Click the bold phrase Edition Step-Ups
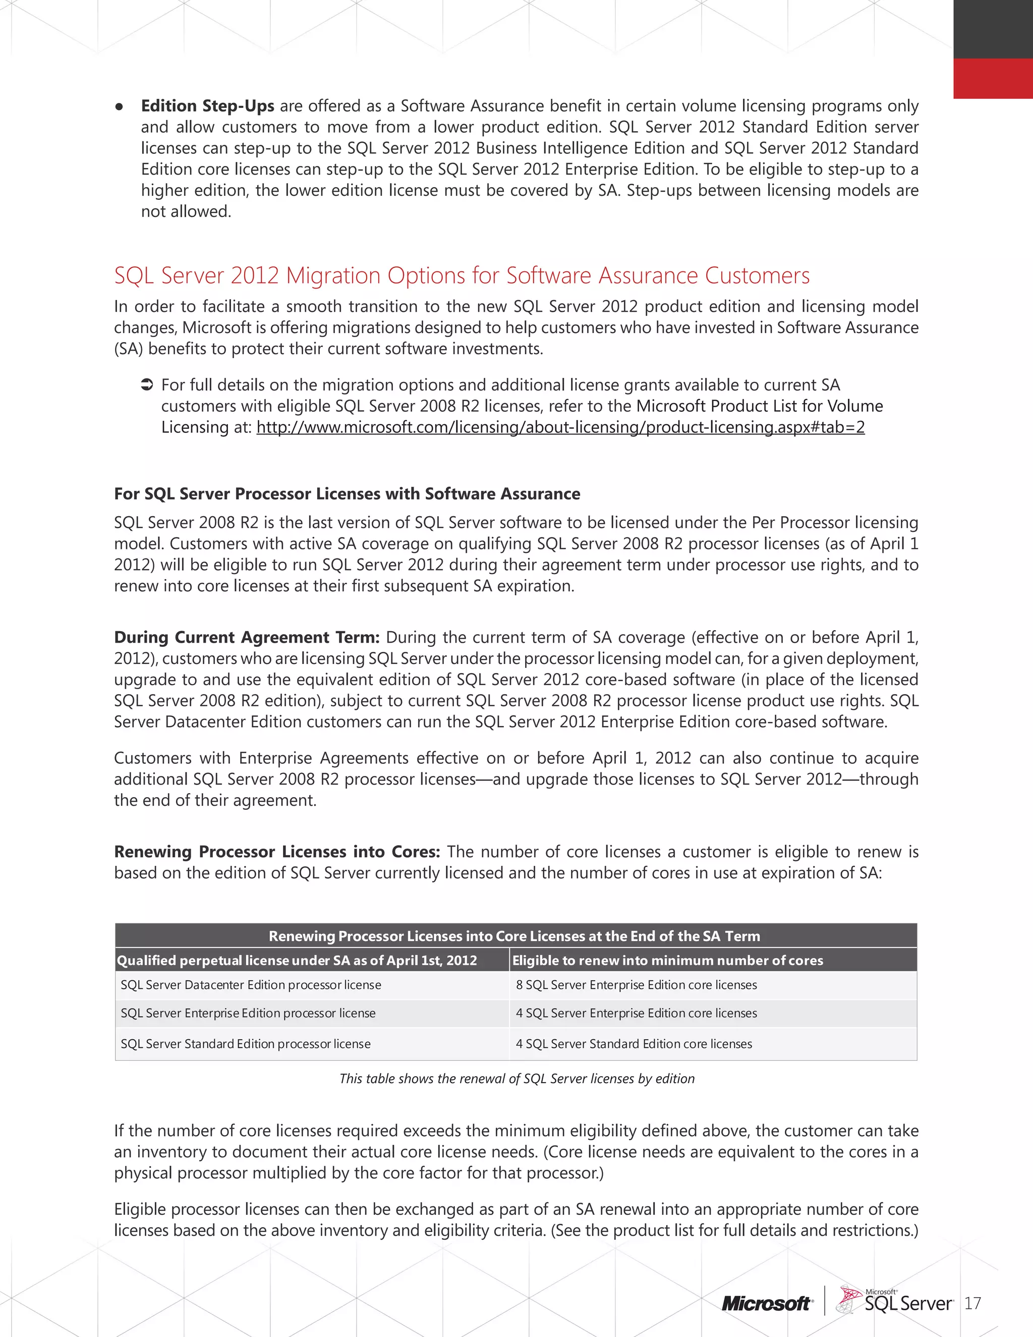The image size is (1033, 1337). [x=207, y=106]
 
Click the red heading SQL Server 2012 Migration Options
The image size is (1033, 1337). [x=462, y=275]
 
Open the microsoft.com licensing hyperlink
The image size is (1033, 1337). [x=560, y=427]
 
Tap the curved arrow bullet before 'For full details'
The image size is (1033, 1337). [x=146, y=385]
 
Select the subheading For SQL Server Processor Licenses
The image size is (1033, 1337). [x=347, y=494]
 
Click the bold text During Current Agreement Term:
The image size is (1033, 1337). [x=247, y=637]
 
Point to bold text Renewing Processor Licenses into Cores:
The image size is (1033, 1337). [x=276, y=852]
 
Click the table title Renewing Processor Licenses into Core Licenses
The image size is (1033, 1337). [x=514, y=936]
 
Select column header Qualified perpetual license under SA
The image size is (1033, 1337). [x=297, y=961]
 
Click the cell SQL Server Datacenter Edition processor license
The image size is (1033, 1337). [x=251, y=985]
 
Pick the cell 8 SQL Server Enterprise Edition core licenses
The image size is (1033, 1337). [x=637, y=985]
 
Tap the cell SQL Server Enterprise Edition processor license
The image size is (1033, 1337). [x=248, y=1013]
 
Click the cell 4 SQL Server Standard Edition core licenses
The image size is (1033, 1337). [x=634, y=1044]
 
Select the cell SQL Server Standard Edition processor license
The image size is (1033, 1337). [x=246, y=1044]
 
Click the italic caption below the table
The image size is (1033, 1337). [x=516, y=1079]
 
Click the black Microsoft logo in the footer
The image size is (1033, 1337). [x=767, y=1304]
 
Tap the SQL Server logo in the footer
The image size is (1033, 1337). [x=896, y=1301]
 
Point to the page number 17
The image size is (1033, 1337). [x=972, y=1304]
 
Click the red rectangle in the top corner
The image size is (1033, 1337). [x=993, y=78]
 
